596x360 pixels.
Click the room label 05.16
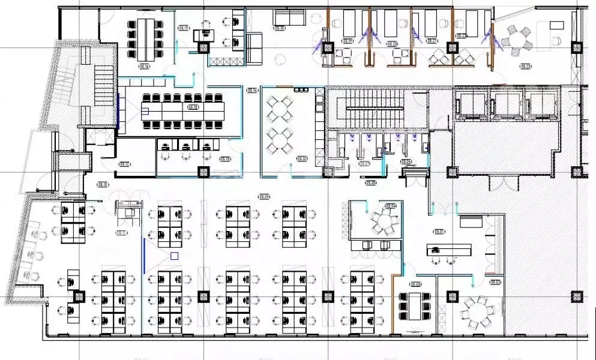144,67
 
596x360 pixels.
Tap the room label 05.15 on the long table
193,107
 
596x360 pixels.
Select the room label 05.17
184,28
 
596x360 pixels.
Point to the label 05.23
526,67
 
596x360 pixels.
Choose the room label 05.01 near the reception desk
439,232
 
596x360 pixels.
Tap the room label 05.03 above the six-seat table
415,284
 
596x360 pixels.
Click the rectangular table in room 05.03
414,306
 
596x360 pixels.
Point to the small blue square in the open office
174,256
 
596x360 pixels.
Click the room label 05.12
125,163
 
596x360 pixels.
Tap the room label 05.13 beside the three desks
225,159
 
